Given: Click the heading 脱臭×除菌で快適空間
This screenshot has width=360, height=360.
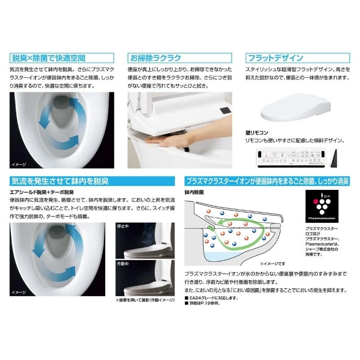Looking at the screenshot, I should tap(47, 58).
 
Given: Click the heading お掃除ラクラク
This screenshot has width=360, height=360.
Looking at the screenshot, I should tap(155, 58).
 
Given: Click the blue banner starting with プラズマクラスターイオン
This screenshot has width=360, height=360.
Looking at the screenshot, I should tap(267, 181).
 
